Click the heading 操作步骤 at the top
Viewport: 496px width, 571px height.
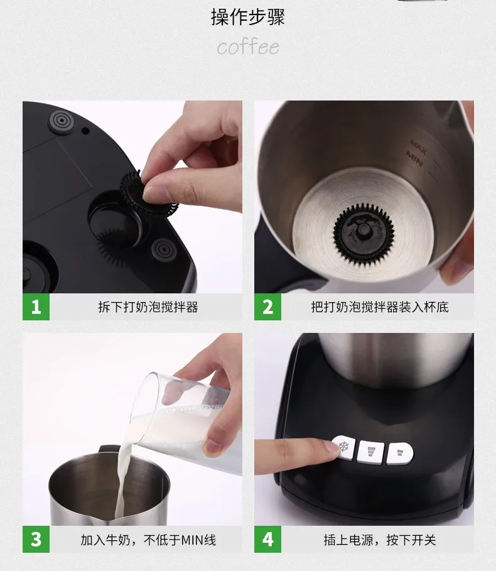[x=248, y=17]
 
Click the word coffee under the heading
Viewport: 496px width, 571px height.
[x=248, y=47]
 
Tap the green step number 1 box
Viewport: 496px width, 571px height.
[x=36, y=307]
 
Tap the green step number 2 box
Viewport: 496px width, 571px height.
[x=267, y=307]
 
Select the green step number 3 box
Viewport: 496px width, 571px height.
[x=36, y=540]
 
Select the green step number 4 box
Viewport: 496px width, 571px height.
[x=267, y=540]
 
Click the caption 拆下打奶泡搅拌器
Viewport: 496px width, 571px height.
[x=148, y=307]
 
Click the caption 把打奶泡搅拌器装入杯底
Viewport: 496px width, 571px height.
[x=380, y=307]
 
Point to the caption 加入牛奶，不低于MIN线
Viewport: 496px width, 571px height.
[x=148, y=540]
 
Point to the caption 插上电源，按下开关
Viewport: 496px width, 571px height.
[x=380, y=540]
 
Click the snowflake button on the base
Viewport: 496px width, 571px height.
[x=344, y=449]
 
